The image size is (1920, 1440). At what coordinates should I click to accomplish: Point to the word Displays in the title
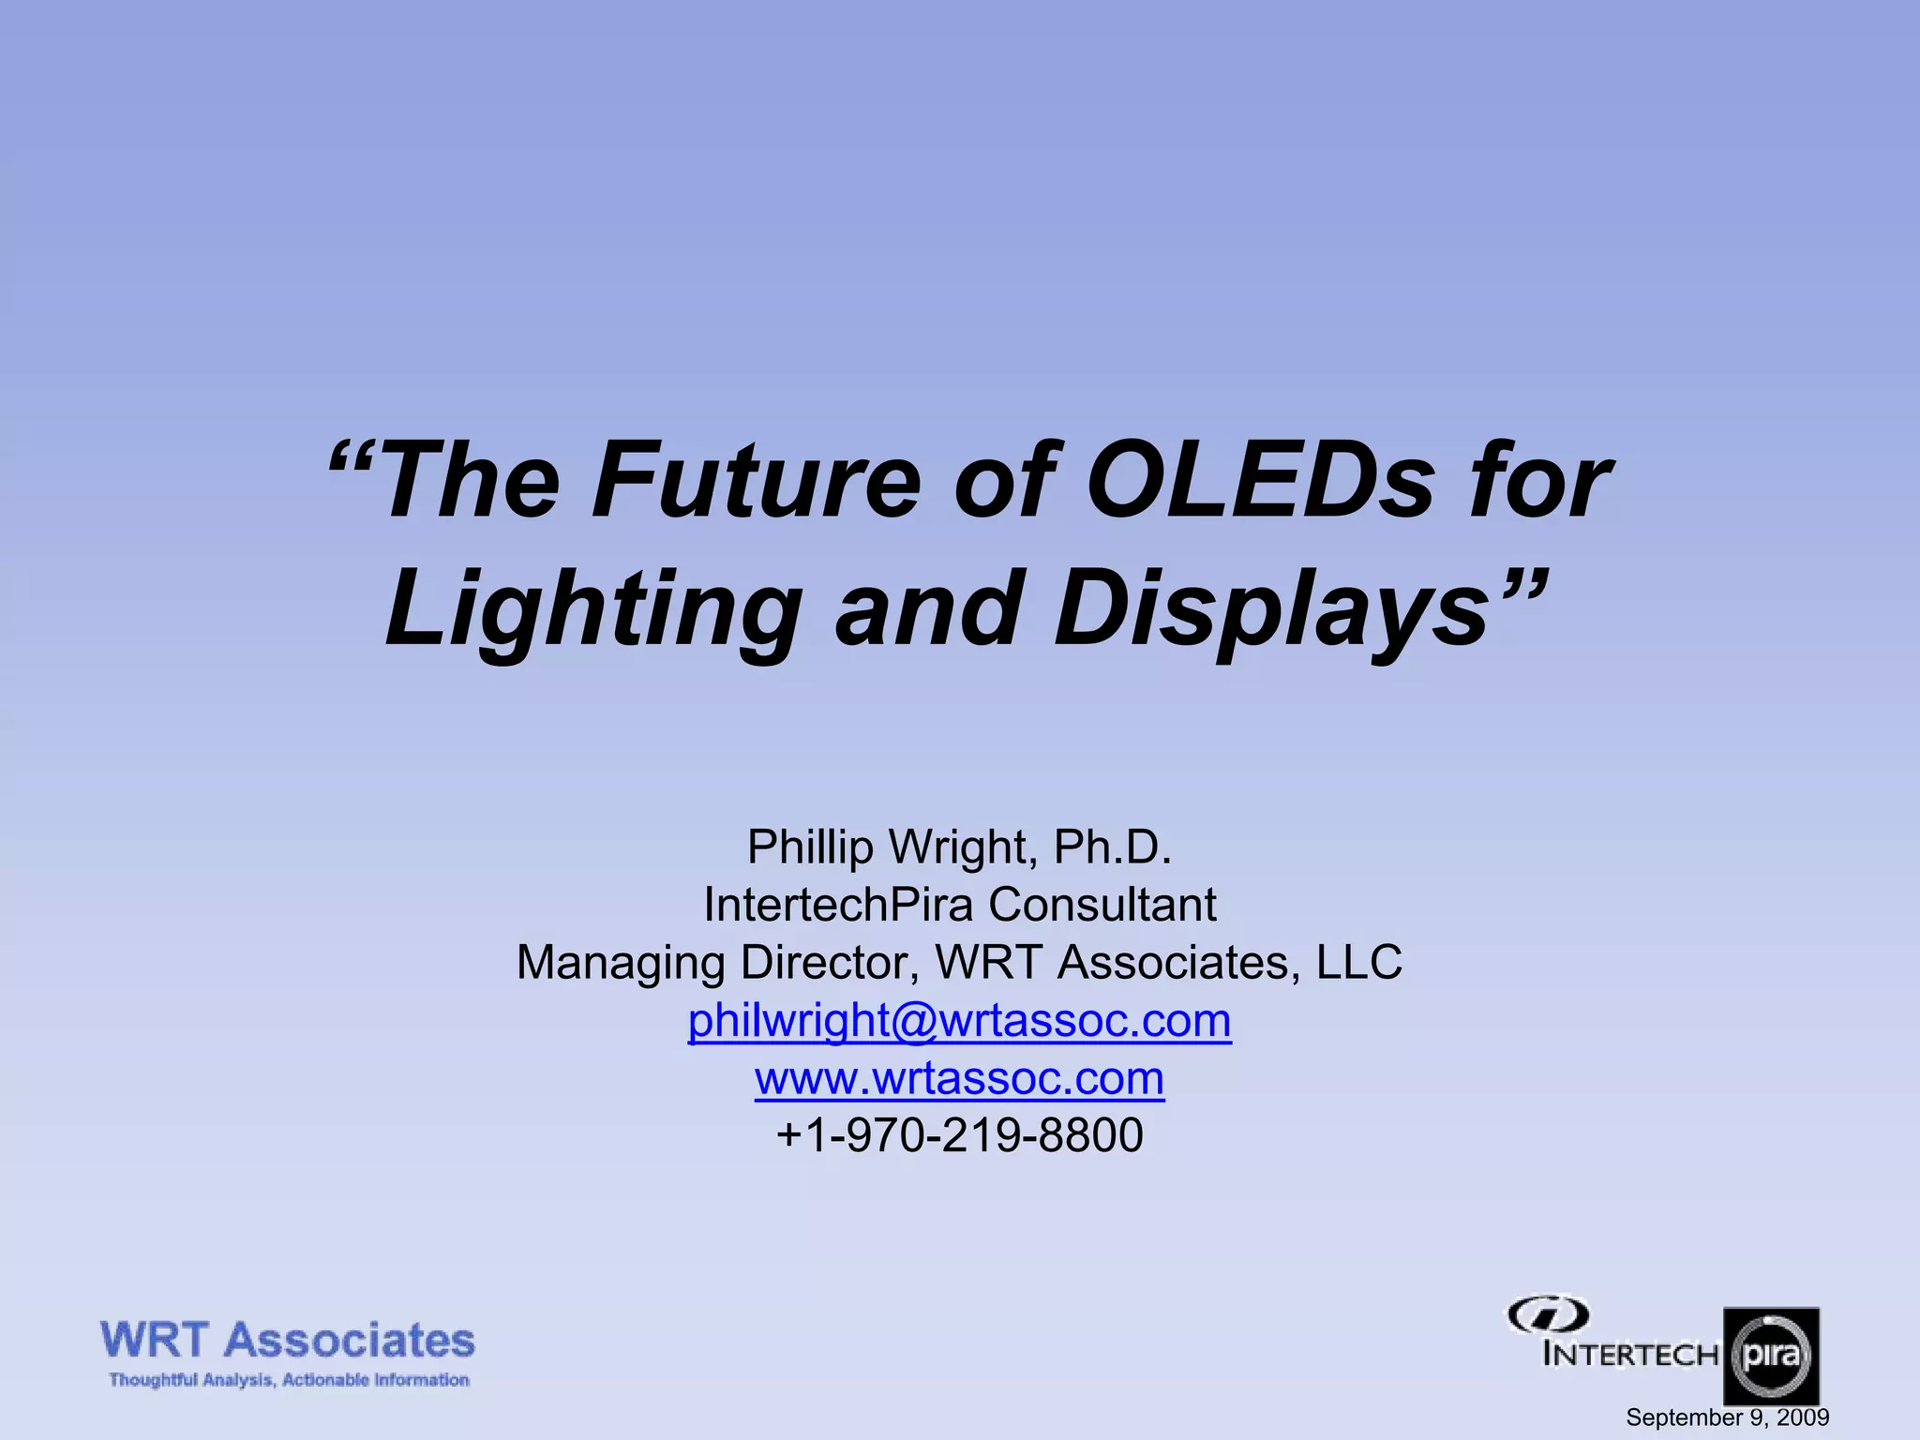1270,611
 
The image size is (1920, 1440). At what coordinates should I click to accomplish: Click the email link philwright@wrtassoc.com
959,1020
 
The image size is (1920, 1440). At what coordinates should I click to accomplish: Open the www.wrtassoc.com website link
959,1078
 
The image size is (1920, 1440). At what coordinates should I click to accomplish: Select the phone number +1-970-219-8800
959,1135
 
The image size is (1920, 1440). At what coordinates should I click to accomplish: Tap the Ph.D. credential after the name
1113,847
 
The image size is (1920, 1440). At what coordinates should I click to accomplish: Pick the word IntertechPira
838,905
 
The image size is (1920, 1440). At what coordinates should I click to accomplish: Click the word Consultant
1102,905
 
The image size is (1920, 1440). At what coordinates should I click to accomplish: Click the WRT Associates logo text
287,1341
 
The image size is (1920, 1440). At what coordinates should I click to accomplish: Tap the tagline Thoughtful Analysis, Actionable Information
289,1380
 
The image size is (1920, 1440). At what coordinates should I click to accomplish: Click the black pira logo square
1771,1356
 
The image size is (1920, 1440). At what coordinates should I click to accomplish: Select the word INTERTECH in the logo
1630,1355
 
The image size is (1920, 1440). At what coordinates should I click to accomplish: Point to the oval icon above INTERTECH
1548,1315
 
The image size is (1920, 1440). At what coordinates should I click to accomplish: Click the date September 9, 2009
1727,1417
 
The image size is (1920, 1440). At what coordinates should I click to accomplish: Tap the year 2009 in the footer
1803,1417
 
